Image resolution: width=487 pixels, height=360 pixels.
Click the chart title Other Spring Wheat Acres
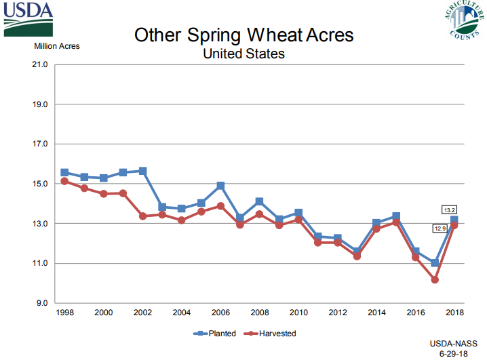(243, 35)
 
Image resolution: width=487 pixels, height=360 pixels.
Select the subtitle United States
(243, 53)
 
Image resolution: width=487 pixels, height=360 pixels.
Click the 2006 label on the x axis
(220, 313)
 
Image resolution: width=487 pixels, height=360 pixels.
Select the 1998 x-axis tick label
(64, 313)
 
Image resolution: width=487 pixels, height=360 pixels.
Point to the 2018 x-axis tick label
(454, 313)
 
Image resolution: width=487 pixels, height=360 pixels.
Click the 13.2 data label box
(449, 209)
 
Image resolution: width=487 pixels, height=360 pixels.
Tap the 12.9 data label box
(440, 228)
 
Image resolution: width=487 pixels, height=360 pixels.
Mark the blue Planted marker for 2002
(142, 171)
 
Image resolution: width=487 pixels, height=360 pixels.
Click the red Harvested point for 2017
(435, 279)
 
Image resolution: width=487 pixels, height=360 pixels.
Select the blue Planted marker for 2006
(220, 185)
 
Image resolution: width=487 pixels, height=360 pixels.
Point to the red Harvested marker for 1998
(64, 181)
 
